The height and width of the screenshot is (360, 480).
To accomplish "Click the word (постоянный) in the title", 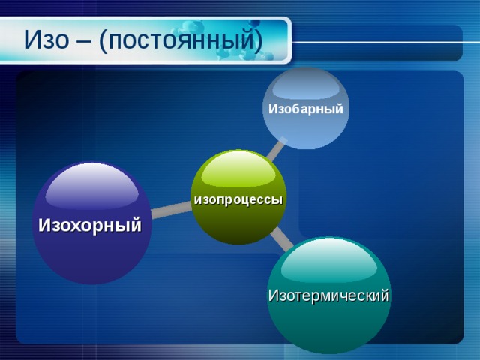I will click(181, 39).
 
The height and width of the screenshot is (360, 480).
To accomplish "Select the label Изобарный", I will click(306, 109).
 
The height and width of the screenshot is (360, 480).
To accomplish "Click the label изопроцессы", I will click(238, 200).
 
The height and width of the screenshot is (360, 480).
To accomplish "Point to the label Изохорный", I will click(90, 224).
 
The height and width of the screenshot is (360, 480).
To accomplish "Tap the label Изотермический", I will click(328, 295).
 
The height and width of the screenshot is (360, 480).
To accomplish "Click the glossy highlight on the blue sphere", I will click(306, 84).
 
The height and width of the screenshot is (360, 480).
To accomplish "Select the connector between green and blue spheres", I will click(276, 150).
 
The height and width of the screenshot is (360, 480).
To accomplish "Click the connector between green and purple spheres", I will click(172, 211).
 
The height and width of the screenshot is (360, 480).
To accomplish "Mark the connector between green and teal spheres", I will click(281, 238).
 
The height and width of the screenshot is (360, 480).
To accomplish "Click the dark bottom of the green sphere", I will click(238, 231).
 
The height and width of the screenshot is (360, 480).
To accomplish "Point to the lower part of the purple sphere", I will click(91, 262).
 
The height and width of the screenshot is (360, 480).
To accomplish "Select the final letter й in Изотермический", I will click(385, 295).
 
